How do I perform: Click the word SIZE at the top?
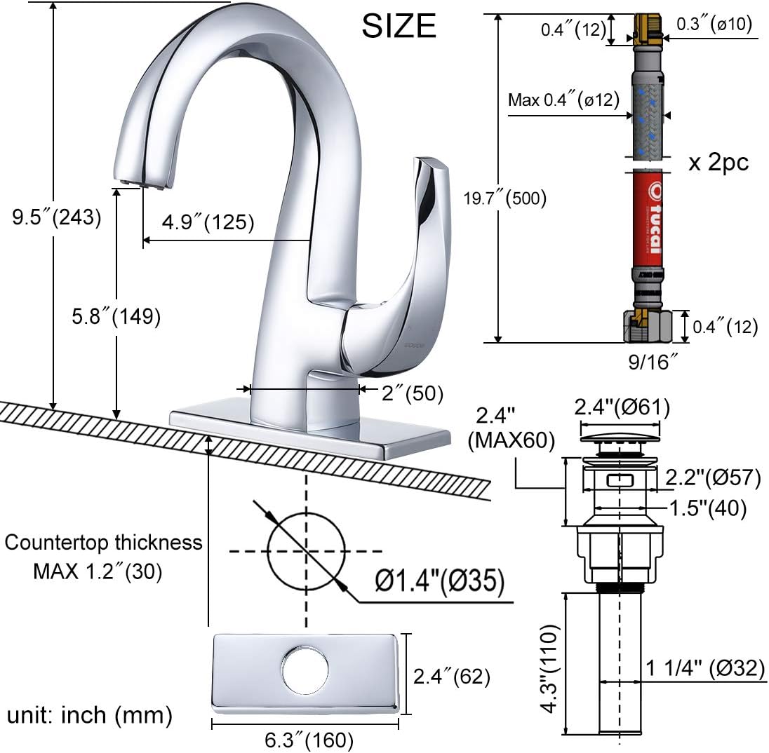point(399,26)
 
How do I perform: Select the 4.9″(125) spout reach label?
point(208,222)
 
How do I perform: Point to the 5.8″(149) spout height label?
point(116,316)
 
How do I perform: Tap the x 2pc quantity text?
point(718,163)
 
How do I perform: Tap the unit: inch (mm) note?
point(90,715)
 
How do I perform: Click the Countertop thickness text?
point(104,542)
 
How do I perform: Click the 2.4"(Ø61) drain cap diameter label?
point(622,407)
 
